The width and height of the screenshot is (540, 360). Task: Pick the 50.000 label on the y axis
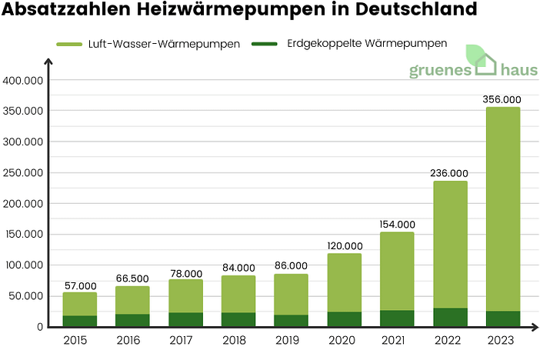point(29,296)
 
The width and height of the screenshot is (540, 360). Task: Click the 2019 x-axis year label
point(290,339)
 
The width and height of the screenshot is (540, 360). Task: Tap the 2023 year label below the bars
point(503,339)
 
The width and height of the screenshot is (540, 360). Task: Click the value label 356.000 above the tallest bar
point(502,98)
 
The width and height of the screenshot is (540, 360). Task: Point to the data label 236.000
point(449,172)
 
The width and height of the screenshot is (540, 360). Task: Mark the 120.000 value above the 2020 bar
point(343,245)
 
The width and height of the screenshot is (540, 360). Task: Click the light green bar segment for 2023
point(503,208)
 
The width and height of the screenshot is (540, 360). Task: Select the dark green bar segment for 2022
point(450,317)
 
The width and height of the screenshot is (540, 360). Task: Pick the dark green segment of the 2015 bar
point(80,321)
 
